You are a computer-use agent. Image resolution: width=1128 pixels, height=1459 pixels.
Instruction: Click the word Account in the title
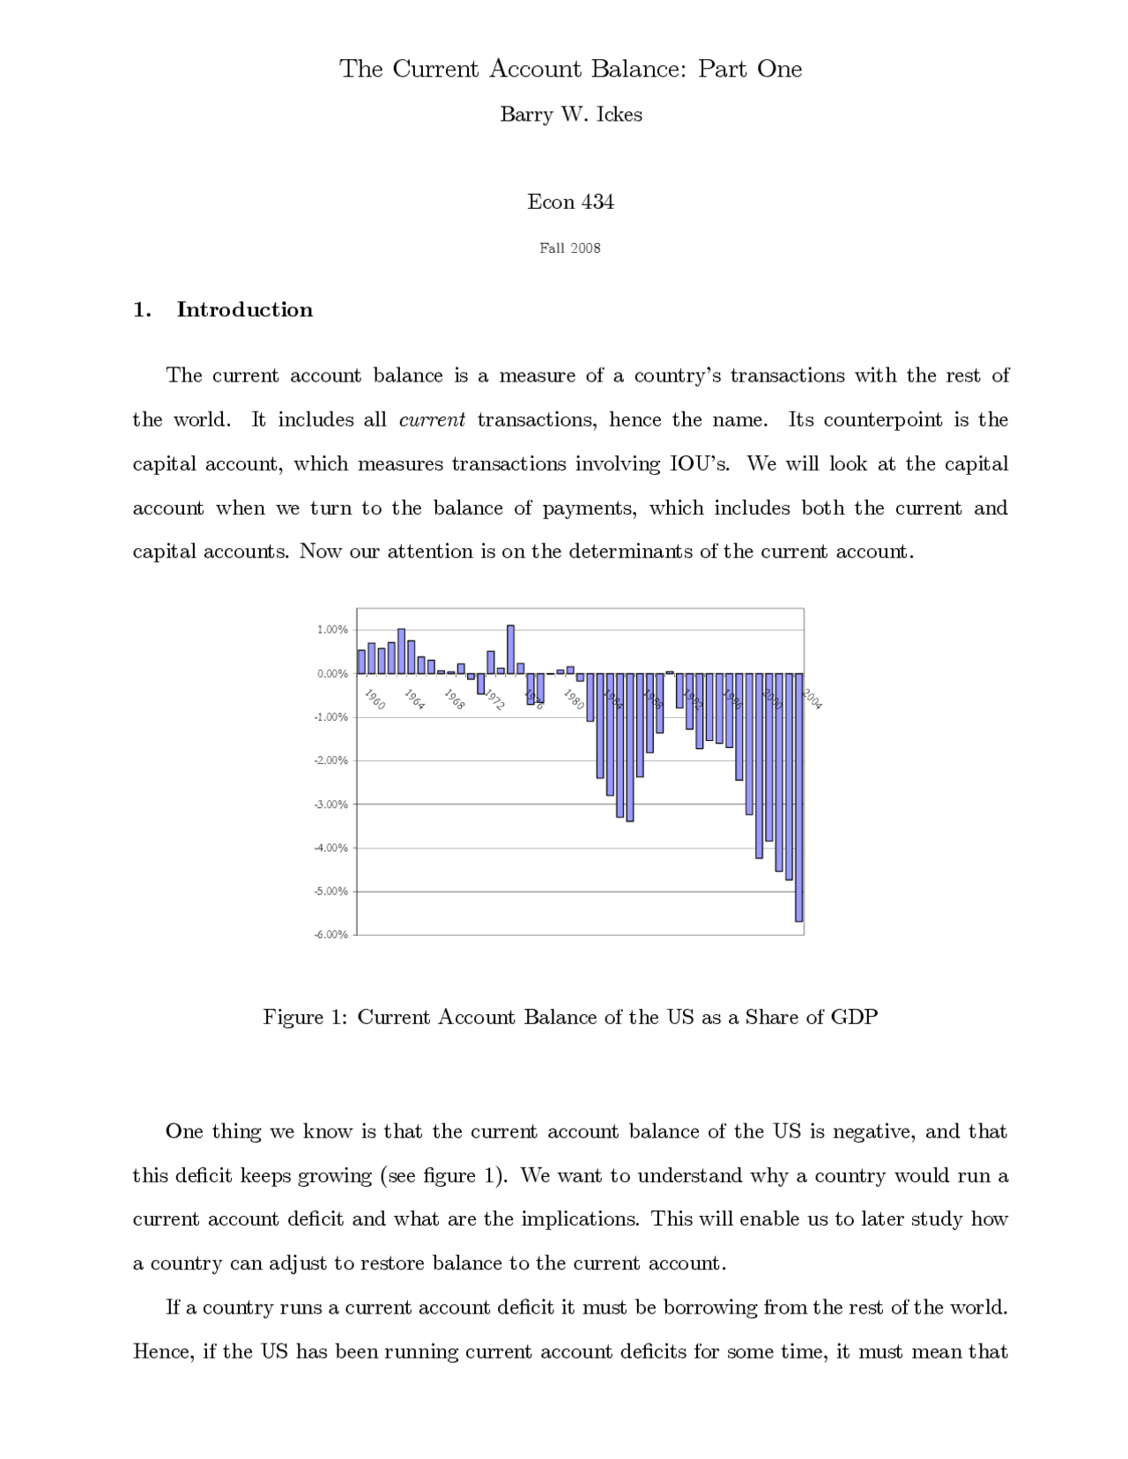click(534, 69)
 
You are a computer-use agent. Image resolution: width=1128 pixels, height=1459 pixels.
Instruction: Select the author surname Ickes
click(619, 115)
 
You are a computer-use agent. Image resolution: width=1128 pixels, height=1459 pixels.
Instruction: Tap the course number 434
click(597, 202)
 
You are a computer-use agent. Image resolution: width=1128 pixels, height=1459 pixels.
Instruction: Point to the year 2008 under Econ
click(584, 248)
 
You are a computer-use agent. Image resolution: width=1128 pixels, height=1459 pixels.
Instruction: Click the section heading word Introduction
click(244, 309)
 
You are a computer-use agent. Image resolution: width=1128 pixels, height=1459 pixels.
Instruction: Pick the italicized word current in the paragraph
click(432, 419)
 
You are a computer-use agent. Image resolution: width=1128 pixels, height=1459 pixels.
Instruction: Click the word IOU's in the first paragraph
click(700, 463)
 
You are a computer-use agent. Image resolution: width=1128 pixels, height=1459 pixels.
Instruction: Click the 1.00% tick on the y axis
click(332, 630)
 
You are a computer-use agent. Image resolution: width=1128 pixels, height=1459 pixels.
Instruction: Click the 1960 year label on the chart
click(375, 700)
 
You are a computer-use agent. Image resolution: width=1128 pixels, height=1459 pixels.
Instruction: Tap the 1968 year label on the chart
click(454, 700)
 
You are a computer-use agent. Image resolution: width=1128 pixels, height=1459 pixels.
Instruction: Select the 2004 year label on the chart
click(812, 700)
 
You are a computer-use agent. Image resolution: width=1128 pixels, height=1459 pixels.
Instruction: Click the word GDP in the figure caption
click(854, 1018)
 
